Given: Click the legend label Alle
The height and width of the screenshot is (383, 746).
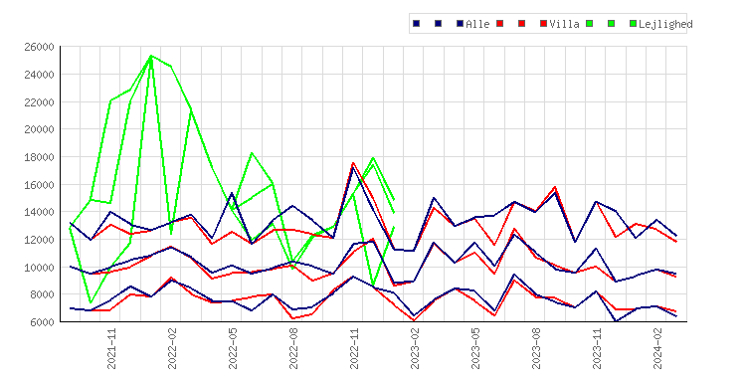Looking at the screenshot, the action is pos(477,24).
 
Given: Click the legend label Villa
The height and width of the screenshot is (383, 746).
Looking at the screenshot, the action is pos(564,24).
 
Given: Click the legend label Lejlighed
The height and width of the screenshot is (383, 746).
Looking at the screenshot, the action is pos(665,24).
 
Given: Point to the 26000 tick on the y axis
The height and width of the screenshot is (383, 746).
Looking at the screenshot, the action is pos(39,47).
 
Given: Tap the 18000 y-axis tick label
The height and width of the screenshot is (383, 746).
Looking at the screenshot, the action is pos(39,157).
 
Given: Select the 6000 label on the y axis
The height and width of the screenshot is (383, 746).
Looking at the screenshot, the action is pos(42,322).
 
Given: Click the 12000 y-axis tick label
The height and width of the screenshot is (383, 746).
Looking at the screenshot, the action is pos(39,240).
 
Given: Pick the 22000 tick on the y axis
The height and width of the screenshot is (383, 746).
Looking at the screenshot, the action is pos(39,101).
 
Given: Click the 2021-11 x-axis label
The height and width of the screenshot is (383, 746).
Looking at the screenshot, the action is pos(111,348).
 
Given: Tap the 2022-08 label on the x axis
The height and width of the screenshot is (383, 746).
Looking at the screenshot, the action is pos(293,348).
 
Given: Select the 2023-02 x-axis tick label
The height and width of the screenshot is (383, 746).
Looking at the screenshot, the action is pos(415,348).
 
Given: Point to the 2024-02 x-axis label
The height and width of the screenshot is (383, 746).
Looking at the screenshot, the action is pos(657,348).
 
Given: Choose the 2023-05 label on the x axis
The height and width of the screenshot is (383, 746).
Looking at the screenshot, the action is pos(475,348).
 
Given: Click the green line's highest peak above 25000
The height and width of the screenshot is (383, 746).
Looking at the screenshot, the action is pos(151,56).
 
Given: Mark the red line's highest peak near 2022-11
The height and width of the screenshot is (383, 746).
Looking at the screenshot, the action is pos(353,163).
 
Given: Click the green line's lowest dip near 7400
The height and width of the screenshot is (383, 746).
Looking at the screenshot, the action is pos(91,302).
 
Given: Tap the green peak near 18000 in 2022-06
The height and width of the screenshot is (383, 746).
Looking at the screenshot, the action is pos(252,153).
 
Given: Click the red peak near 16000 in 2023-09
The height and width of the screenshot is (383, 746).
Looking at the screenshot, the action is pos(555,187).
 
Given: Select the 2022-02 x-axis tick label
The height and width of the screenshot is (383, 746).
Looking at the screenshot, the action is pos(172,348).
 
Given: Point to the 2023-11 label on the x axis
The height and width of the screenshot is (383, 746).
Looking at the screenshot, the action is pos(597,348).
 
